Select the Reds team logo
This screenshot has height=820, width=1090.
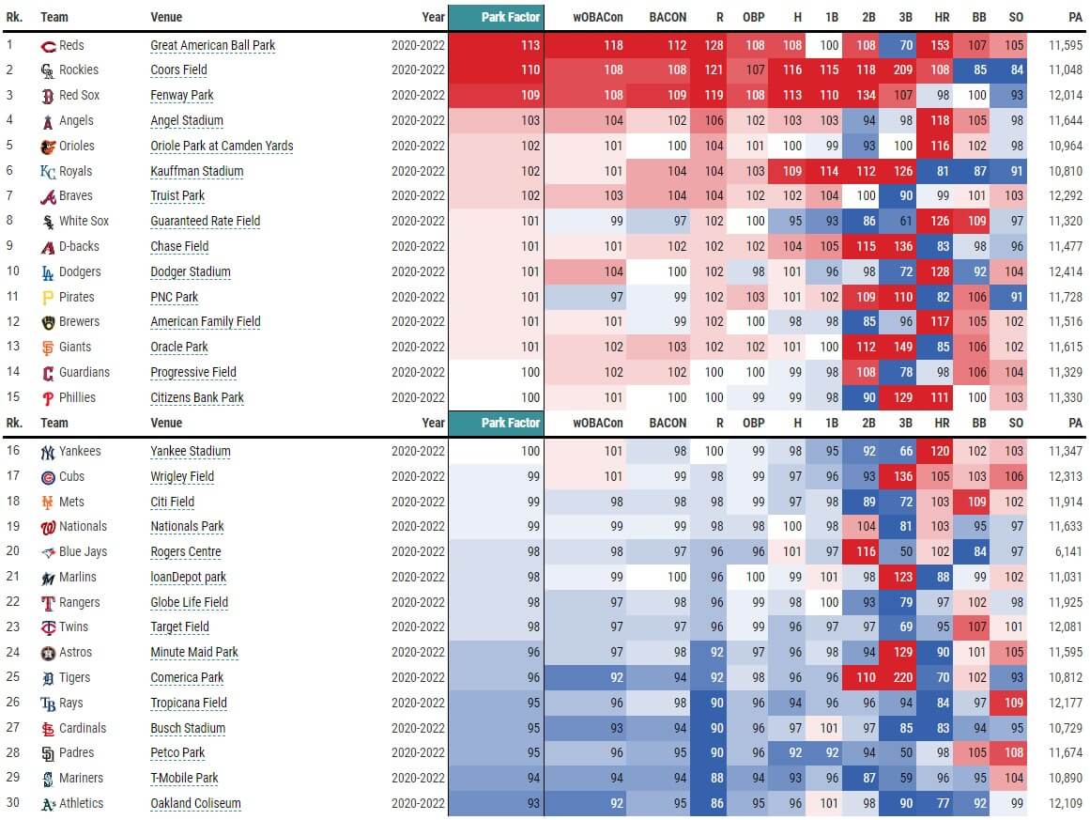tap(49, 46)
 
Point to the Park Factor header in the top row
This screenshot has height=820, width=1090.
tap(510, 17)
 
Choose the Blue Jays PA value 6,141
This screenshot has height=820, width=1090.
tap(1066, 552)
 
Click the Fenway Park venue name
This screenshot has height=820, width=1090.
tap(182, 96)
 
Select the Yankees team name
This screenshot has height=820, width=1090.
tap(79, 452)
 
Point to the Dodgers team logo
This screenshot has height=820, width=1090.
tap(48, 272)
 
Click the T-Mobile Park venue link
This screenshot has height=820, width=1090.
tap(184, 779)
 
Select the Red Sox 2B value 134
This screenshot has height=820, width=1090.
tap(866, 96)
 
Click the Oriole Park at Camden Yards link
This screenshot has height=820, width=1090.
tap(222, 147)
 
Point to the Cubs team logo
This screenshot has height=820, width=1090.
tap(48, 477)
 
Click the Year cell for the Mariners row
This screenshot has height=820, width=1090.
tap(418, 779)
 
